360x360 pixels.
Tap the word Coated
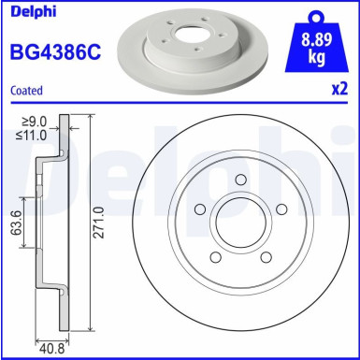click(24, 92)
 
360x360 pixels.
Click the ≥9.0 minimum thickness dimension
click(36, 119)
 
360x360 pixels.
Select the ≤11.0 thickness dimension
click(36, 134)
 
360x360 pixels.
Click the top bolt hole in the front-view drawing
click(239, 181)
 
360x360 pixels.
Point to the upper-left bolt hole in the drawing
click(200, 211)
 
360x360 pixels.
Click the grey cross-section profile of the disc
click(41, 224)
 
